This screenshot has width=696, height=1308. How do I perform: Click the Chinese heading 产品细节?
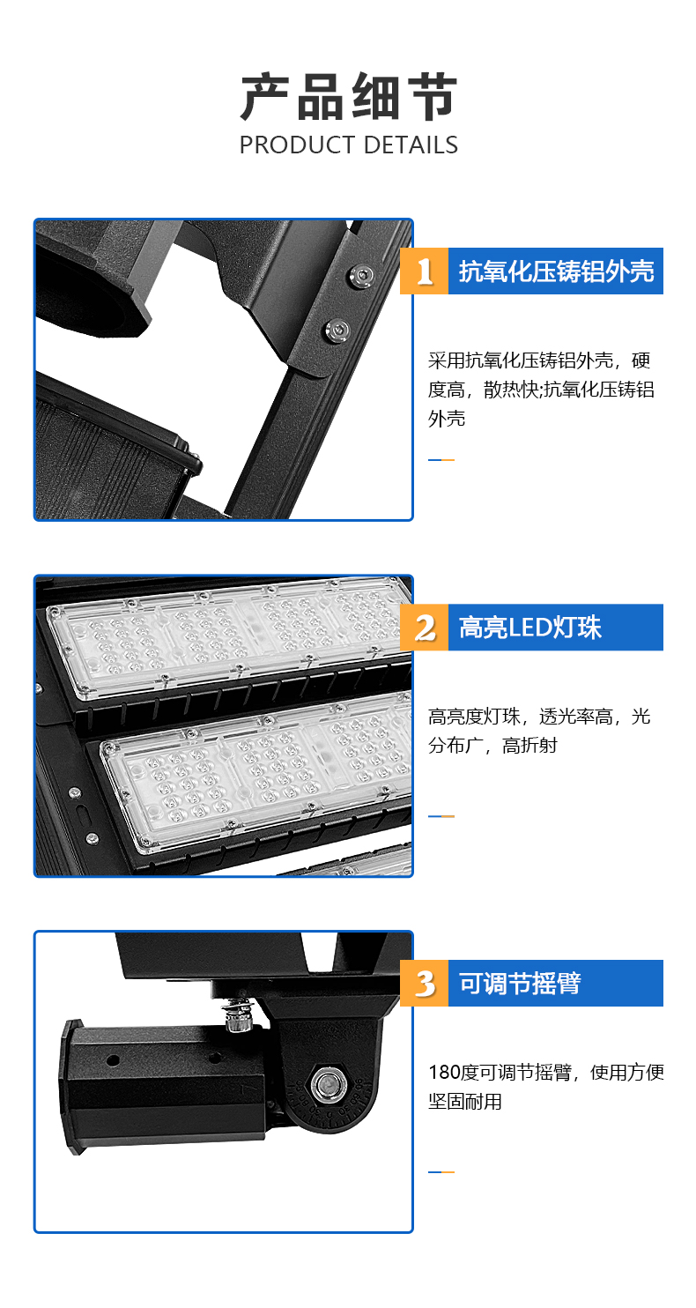point(349,97)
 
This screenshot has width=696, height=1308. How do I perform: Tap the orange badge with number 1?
point(425,271)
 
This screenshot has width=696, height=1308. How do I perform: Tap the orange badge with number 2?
point(425,628)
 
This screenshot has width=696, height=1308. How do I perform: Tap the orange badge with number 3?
point(425,984)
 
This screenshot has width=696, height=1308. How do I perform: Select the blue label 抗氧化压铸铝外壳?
point(556,271)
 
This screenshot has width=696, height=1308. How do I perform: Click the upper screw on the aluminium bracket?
point(361,276)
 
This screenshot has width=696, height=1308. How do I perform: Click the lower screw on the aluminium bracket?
point(337,331)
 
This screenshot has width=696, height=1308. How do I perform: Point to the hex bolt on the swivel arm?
point(329,1086)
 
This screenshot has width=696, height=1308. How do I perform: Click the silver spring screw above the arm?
point(238,1014)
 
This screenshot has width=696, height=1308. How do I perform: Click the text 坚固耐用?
point(465,1101)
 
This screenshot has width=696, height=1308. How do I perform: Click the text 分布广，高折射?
point(492,745)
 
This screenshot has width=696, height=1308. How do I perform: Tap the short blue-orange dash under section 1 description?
point(441,460)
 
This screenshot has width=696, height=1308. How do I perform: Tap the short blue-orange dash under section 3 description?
point(441,1172)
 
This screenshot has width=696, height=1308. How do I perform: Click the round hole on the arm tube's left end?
point(112,1059)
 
